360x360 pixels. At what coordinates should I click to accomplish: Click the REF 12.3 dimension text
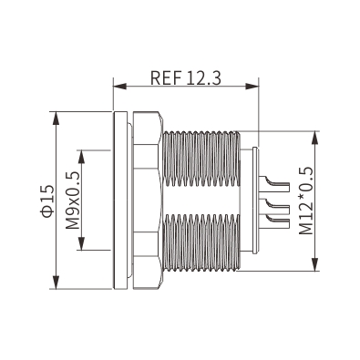pos(186,77)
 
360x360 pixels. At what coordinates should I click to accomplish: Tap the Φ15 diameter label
pos(48,201)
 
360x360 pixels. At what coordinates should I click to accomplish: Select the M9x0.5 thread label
pos(73,200)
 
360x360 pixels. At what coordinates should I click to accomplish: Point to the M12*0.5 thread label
pos(306,201)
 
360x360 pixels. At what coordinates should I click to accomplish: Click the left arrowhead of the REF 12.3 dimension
pos(119,87)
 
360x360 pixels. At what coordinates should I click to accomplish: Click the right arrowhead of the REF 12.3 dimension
pos(252,87)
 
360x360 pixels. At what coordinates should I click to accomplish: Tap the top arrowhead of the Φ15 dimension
pos(57,118)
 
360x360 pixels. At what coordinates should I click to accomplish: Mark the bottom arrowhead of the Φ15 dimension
pos(57,283)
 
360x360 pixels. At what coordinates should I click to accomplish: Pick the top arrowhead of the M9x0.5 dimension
pos(81,157)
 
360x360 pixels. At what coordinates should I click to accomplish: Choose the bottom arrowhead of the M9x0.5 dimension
pos(81,243)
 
